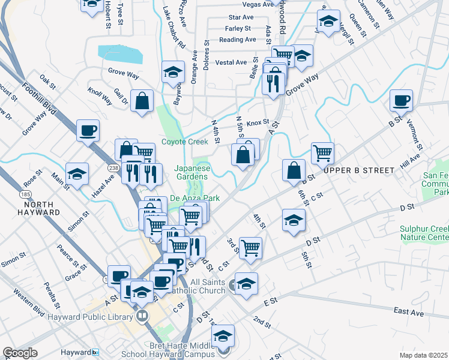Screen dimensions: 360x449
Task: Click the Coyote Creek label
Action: coord(185,142)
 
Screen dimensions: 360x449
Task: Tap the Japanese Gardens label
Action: coord(193,173)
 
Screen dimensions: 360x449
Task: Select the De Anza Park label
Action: coord(194,197)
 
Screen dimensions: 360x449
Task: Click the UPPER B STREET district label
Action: coord(359,170)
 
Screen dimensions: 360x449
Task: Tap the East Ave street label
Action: coord(409,311)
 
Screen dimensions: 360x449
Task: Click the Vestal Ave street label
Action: coord(231,62)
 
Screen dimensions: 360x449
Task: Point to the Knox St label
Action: coord(258,122)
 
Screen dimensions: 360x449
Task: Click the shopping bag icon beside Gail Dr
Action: coord(142,103)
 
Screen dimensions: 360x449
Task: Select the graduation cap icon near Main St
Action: coord(77,175)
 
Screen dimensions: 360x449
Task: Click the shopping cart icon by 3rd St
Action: coord(250,247)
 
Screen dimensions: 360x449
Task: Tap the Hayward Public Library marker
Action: coord(142,315)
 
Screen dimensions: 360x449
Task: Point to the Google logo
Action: coord(20,353)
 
